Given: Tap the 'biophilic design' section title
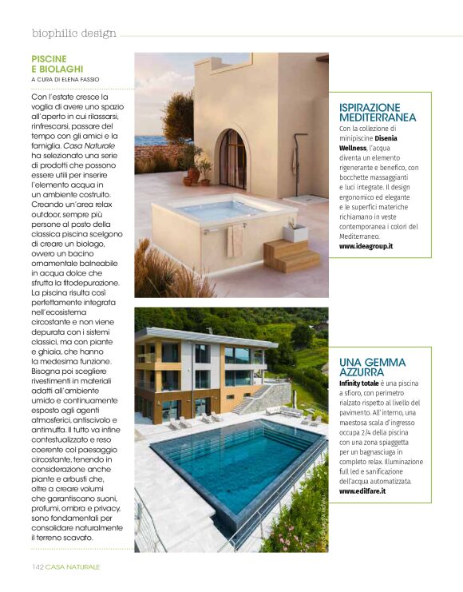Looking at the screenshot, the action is point(74,34).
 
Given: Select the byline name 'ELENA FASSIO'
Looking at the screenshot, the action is point(98,80).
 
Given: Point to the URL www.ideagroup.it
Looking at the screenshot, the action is point(366,246).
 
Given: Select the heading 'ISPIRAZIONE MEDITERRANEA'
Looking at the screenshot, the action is point(377,112).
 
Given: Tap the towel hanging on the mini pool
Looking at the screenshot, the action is point(234,240).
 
